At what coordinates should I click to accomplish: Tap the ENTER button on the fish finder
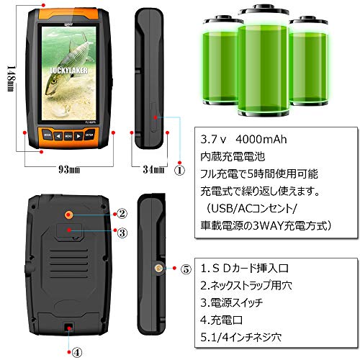[x=90, y=135]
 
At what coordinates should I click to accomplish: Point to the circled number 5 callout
[x=186, y=269]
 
